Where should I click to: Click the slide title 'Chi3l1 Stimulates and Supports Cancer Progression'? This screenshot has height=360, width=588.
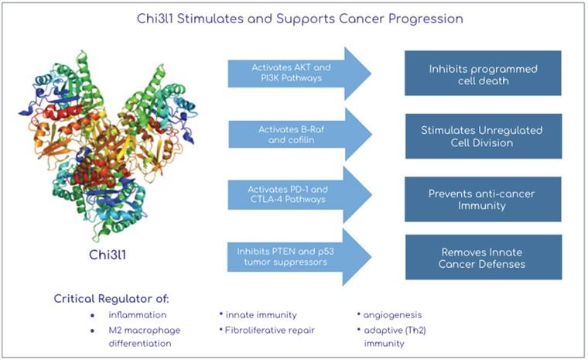click(293, 18)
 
